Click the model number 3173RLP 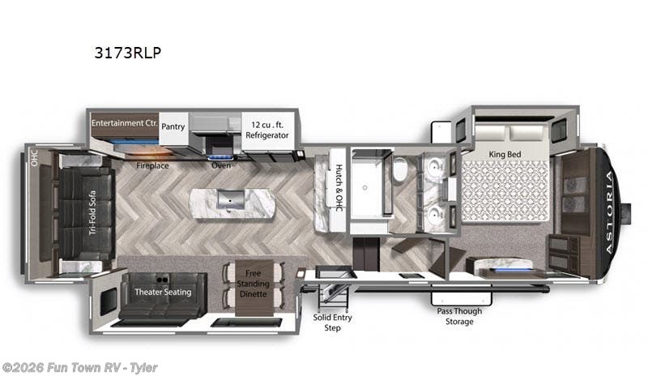tap(128, 53)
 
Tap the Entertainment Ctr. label tap(125, 123)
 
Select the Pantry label tap(173, 126)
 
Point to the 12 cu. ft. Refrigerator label tap(267, 130)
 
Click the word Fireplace tap(152, 165)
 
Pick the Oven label tap(221, 165)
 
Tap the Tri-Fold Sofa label tap(92, 212)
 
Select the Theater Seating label tap(163, 292)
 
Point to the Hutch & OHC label tap(339, 187)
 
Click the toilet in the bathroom tap(400, 169)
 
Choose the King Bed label tap(505, 154)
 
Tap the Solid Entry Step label tap(332, 323)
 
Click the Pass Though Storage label tap(459, 316)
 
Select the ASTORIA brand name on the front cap tap(609, 211)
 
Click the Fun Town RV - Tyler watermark tap(79, 367)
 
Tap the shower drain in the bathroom tap(364, 188)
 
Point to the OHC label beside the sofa tap(34, 158)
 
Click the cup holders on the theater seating tap(163, 280)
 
